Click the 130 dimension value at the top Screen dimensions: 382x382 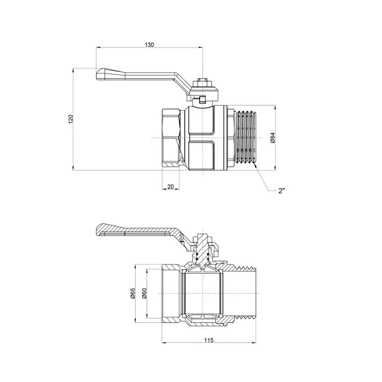pos(149,45)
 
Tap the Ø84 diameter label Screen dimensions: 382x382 pos(273,138)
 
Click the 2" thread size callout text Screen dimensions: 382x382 pos(281,191)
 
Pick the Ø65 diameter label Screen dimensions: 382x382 pos(132,293)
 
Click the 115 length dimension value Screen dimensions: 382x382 pos(208,340)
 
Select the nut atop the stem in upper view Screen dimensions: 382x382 pos(203,80)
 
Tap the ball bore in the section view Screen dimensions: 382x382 pos(202,293)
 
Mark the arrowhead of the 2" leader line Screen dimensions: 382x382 pos(255,167)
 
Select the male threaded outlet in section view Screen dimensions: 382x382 pos(242,293)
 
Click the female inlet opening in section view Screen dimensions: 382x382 pos(170,293)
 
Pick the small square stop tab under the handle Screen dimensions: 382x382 pos(203,100)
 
